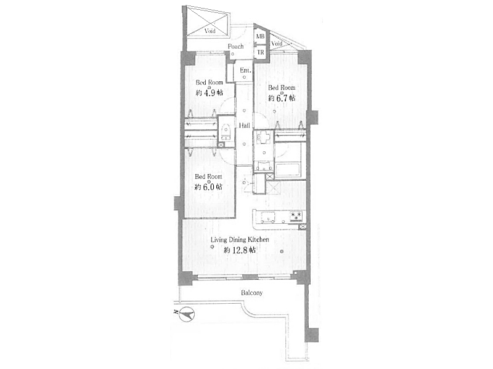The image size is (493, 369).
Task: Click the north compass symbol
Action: tap(187, 314)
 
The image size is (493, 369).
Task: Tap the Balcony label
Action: tap(251, 293)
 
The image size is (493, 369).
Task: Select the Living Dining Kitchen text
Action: tap(240, 240)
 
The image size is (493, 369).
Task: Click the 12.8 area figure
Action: tap(240, 250)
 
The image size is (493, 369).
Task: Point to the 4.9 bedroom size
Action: tap(210, 93)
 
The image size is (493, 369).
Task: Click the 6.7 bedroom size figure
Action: tap(282, 98)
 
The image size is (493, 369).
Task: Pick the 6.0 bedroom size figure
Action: tap(208, 187)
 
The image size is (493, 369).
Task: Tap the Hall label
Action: tap(244, 125)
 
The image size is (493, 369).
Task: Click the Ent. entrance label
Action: tap(245, 70)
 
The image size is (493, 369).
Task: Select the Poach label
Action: tap(235, 47)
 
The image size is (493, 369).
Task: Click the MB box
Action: tap(260, 37)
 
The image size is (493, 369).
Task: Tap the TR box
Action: tap(260, 52)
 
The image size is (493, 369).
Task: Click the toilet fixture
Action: tap(225, 132)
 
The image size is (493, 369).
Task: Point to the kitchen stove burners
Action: tap(296, 216)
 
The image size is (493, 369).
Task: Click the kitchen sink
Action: tap(268, 216)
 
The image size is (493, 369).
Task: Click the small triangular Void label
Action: tap(277, 44)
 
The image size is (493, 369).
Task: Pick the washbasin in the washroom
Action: tap(264, 137)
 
